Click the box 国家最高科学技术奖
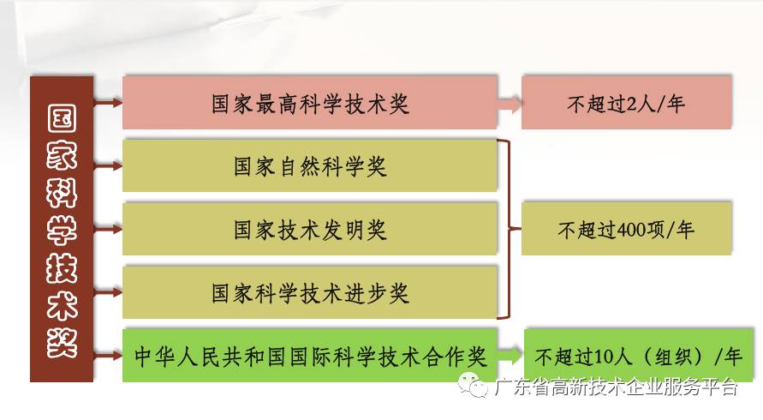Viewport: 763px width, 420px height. pos(309,103)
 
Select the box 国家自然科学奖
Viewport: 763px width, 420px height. pos(309,165)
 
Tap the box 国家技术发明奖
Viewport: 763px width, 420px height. pos(309,229)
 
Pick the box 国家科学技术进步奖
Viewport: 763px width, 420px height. pos(309,292)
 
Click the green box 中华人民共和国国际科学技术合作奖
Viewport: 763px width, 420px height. pos(309,355)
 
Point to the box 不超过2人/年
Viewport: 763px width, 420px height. pos(626,104)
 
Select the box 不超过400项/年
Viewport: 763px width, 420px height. pos(626,230)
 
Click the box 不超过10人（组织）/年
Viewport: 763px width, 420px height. pos(633,355)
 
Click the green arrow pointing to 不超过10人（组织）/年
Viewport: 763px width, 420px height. pos(511,355)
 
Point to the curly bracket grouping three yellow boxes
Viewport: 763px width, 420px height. pos(511,229)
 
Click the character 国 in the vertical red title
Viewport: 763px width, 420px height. pos(62,120)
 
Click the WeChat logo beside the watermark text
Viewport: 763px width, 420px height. pos(472,387)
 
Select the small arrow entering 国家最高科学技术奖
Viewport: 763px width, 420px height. pos(108,103)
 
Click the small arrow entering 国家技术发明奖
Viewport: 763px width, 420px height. pos(108,230)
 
